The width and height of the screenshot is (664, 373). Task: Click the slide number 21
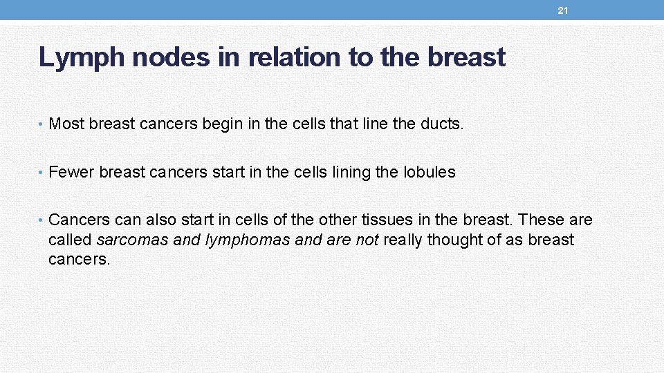(563, 11)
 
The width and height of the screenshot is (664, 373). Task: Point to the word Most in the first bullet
(66, 124)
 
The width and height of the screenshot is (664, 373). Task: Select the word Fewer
(71, 172)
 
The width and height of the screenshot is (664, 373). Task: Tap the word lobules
(429, 172)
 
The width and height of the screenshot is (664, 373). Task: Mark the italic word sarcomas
(131, 240)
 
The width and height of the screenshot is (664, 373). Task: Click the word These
(542, 220)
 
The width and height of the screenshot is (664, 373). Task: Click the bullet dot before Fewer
(42, 173)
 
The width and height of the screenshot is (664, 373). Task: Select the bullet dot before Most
(42, 124)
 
